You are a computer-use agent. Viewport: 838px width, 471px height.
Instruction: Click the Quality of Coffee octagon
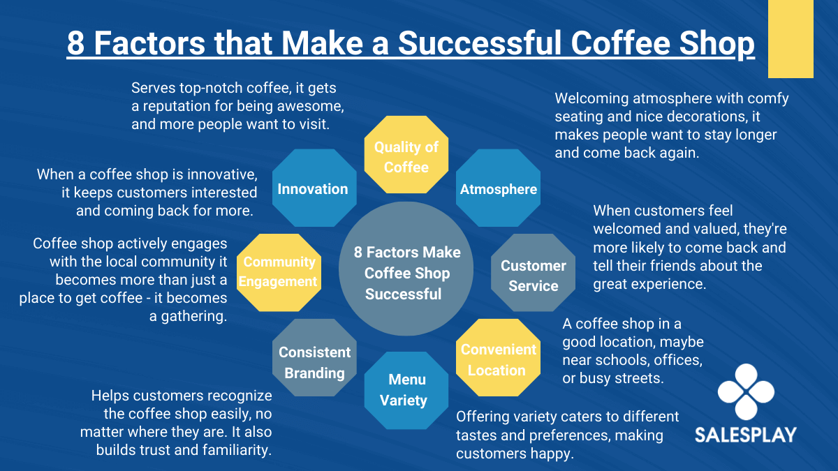406,154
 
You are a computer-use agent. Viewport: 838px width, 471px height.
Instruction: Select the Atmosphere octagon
499,188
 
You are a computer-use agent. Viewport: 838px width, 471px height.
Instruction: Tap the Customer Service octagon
533,273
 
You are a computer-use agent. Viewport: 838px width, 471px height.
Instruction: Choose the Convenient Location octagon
498,358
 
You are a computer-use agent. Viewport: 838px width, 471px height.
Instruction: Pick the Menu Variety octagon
406,391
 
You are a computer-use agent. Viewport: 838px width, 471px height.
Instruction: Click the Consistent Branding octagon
314,358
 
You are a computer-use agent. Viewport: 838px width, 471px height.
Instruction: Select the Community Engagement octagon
279,273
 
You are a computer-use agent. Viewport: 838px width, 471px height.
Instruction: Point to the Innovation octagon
314,188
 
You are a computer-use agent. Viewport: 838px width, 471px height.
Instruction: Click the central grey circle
406,269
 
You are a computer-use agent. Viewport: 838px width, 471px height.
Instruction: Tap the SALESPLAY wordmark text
746,435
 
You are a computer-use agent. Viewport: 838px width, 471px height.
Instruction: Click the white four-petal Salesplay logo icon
746,391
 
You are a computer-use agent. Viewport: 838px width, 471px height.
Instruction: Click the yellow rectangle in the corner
791,39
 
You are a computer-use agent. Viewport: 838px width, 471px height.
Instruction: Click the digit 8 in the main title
76,43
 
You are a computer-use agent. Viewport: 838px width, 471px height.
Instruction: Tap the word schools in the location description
613,360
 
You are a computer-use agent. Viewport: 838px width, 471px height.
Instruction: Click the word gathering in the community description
194,317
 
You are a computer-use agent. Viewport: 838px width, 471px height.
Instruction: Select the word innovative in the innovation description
222,174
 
